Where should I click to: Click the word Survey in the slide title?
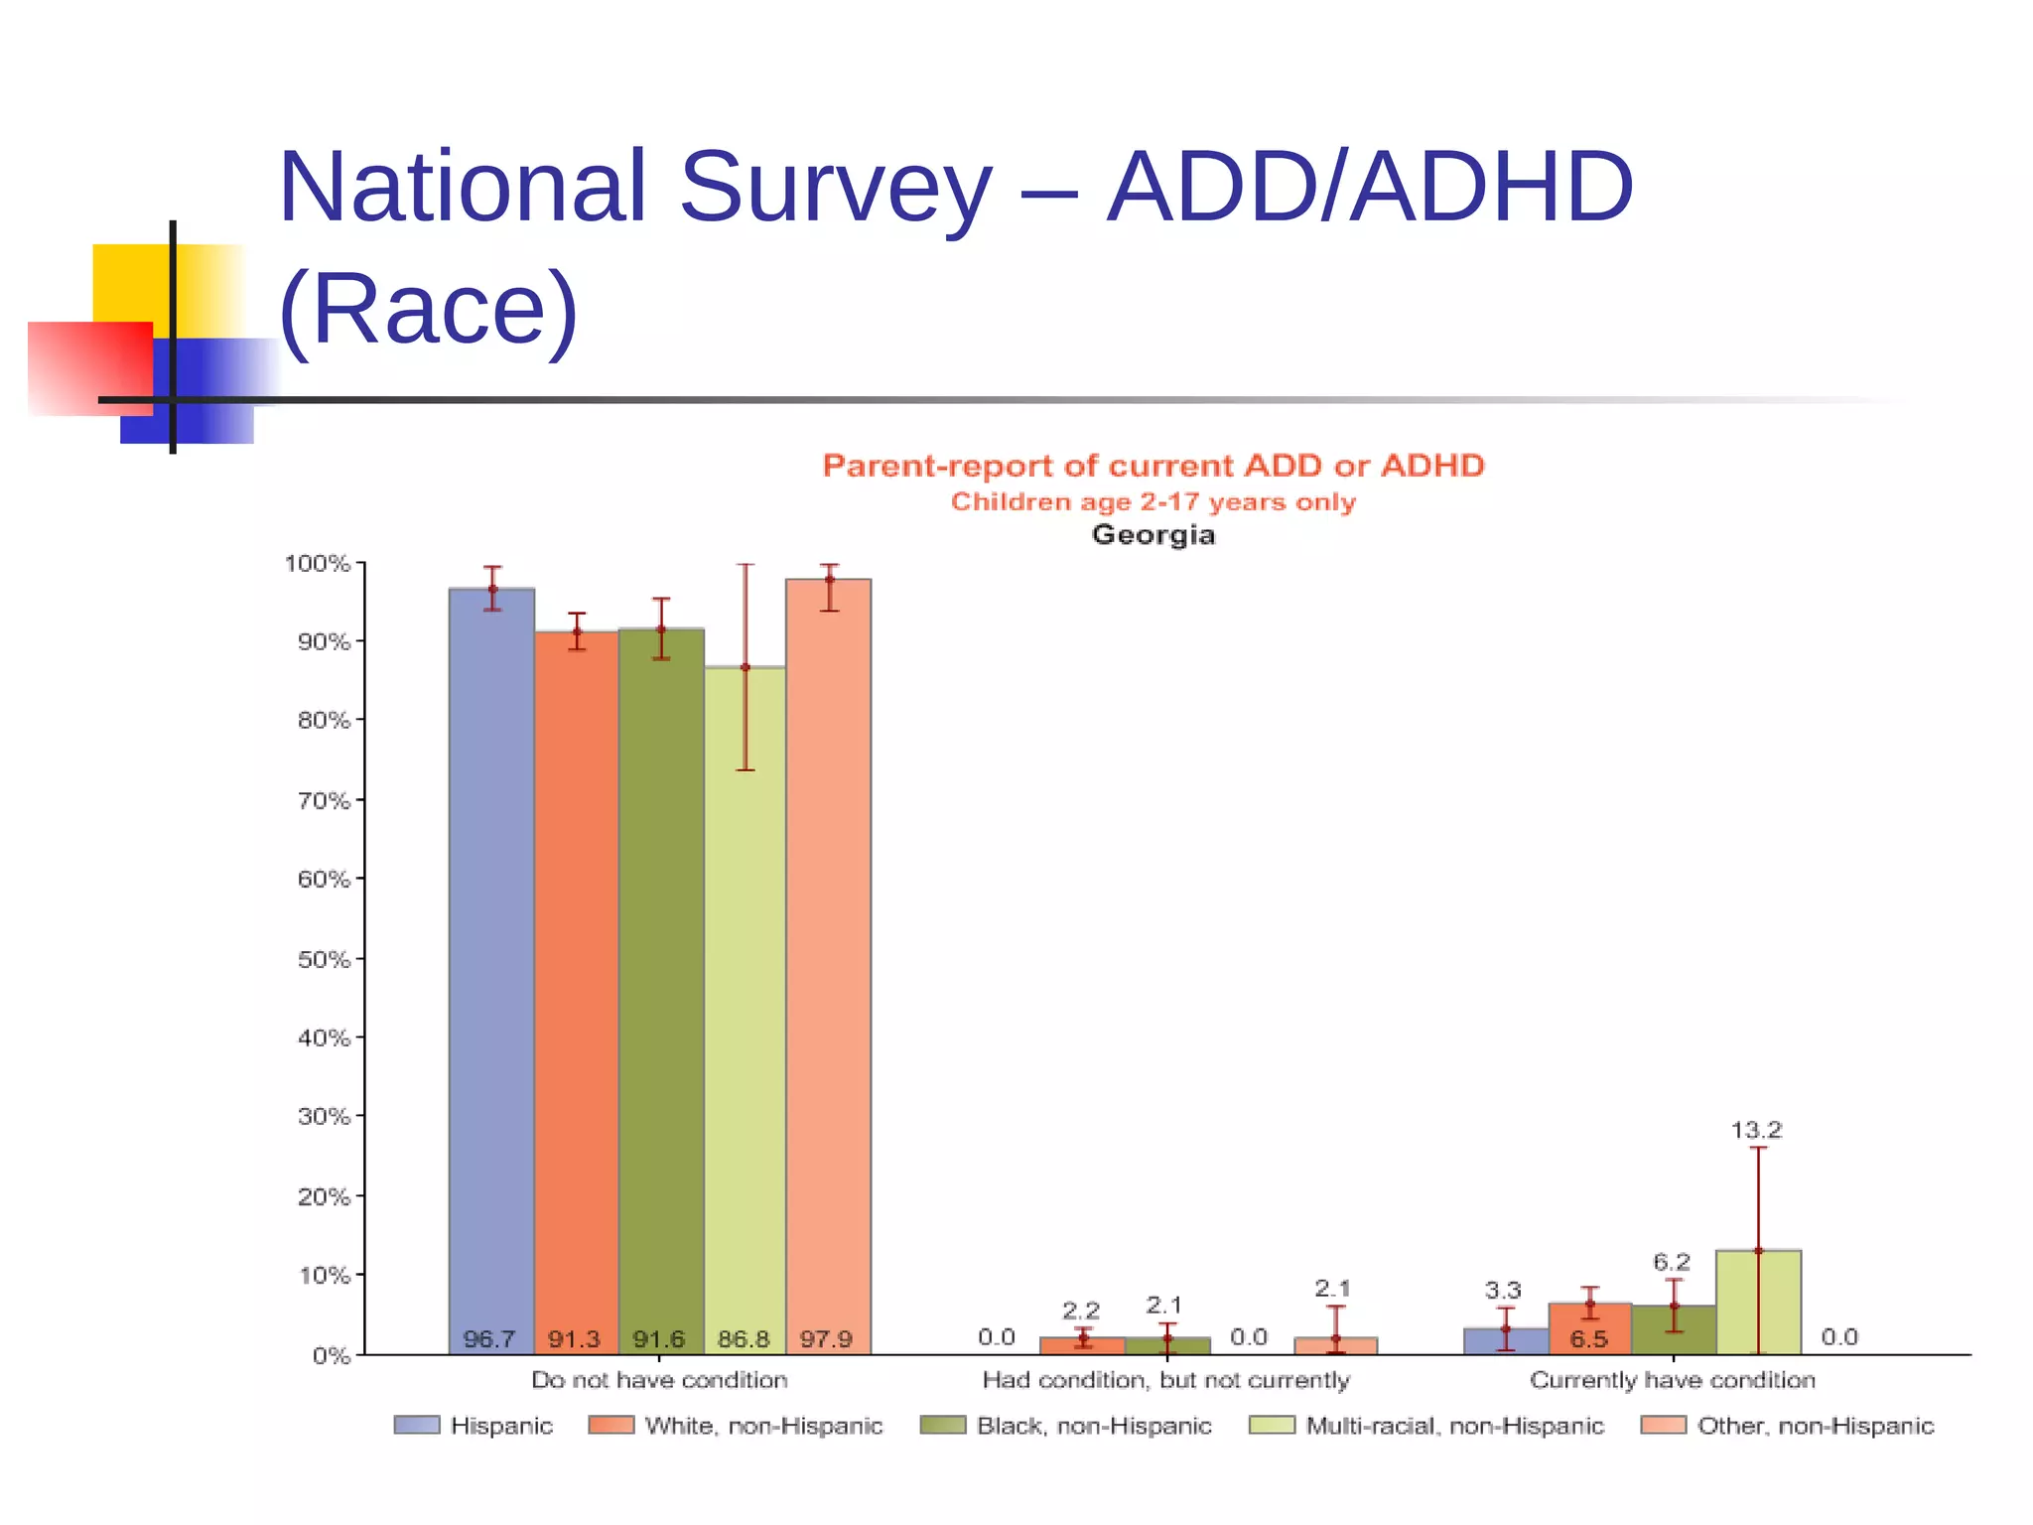(x=835, y=189)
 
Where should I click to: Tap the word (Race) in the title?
(x=428, y=309)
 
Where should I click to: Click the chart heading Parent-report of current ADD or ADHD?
(x=1152, y=466)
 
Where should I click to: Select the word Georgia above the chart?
(x=1152, y=535)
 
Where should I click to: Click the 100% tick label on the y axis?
(x=318, y=564)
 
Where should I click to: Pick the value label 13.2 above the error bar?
(x=1756, y=1130)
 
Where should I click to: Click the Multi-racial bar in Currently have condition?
(x=1758, y=1302)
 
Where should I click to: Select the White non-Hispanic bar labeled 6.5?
(x=1589, y=1327)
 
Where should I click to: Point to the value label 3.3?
(x=1503, y=1290)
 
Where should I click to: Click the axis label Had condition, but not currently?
(x=1165, y=1380)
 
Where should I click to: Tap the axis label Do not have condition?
(x=659, y=1380)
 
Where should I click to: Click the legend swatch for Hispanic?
(x=416, y=1426)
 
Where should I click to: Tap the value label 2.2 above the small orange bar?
(x=1080, y=1311)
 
